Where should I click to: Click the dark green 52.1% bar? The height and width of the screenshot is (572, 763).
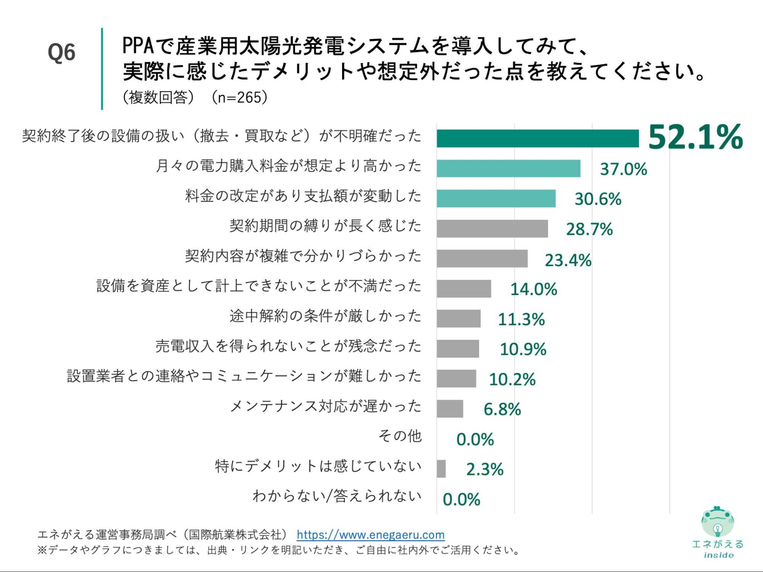(x=537, y=138)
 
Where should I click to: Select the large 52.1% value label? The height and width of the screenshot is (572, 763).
(x=695, y=137)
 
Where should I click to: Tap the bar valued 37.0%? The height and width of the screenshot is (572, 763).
(x=508, y=168)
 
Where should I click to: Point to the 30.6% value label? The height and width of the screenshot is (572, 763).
(x=598, y=199)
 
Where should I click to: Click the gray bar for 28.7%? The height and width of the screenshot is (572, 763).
(x=492, y=228)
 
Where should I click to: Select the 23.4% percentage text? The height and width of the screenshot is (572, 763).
(x=568, y=260)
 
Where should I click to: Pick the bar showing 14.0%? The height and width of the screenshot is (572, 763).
(x=464, y=289)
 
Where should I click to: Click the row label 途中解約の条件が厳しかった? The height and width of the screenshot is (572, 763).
(x=325, y=316)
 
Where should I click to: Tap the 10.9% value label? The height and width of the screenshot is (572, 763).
(x=523, y=349)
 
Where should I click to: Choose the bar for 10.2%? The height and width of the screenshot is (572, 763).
(x=457, y=378)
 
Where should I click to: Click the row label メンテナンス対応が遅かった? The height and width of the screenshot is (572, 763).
(x=325, y=406)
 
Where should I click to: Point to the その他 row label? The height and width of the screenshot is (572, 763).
(x=400, y=435)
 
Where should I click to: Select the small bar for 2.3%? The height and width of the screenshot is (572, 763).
(x=441, y=469)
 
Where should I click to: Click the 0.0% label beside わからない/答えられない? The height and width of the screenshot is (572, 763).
(x=461, y=499)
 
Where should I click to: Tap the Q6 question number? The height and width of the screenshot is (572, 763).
(x=61, y=53)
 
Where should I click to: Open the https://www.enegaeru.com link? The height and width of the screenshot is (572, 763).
(x=370, y=535)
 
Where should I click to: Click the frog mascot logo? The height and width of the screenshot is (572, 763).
(x=717, y=521)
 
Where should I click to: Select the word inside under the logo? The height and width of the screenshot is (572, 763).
(x=718, y=555)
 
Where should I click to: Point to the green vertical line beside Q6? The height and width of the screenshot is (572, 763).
(x=102, y=69)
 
